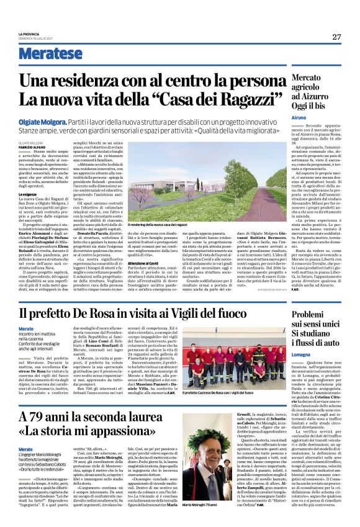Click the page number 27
tap(336, 37)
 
